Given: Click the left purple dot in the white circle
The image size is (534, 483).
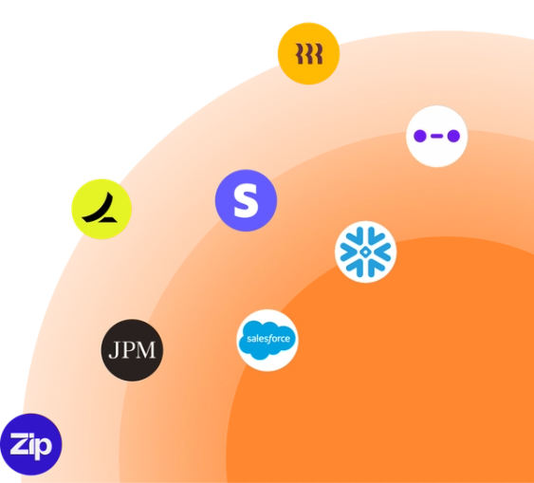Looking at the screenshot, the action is click(420, 136).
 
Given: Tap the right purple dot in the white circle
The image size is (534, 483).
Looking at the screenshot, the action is click(453, 136).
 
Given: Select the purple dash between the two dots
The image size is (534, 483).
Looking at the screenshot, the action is click(436, 136).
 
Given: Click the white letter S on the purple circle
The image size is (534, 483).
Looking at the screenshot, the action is click(246, 200).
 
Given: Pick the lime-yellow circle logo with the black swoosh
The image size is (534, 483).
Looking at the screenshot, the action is click(101, 209).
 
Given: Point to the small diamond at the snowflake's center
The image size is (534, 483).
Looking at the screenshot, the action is click(365, 252).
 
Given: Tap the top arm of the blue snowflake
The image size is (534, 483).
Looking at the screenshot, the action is click(365, 235).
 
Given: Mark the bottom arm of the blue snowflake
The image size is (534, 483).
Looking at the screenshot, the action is click(365, 269).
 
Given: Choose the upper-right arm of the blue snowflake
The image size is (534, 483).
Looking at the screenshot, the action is click(380, 244).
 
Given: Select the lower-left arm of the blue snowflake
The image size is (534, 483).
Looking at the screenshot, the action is click(350, 260).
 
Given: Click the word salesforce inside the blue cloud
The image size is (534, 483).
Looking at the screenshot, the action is click(268, 339).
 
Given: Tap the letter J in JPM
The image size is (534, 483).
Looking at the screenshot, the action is click(114, 350).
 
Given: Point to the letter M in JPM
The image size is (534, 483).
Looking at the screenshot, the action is click(146, 350).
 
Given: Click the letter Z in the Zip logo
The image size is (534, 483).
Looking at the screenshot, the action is click(19, 443).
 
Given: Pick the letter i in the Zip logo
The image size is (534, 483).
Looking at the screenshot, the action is click(32, 443).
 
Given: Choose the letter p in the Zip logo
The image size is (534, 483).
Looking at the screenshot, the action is click(45, 448).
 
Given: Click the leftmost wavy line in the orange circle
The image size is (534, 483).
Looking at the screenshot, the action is click(299, 54).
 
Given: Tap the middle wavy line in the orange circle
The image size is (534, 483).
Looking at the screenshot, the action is click(309, 54).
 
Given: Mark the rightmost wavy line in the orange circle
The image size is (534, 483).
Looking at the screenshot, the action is click(319, 54).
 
